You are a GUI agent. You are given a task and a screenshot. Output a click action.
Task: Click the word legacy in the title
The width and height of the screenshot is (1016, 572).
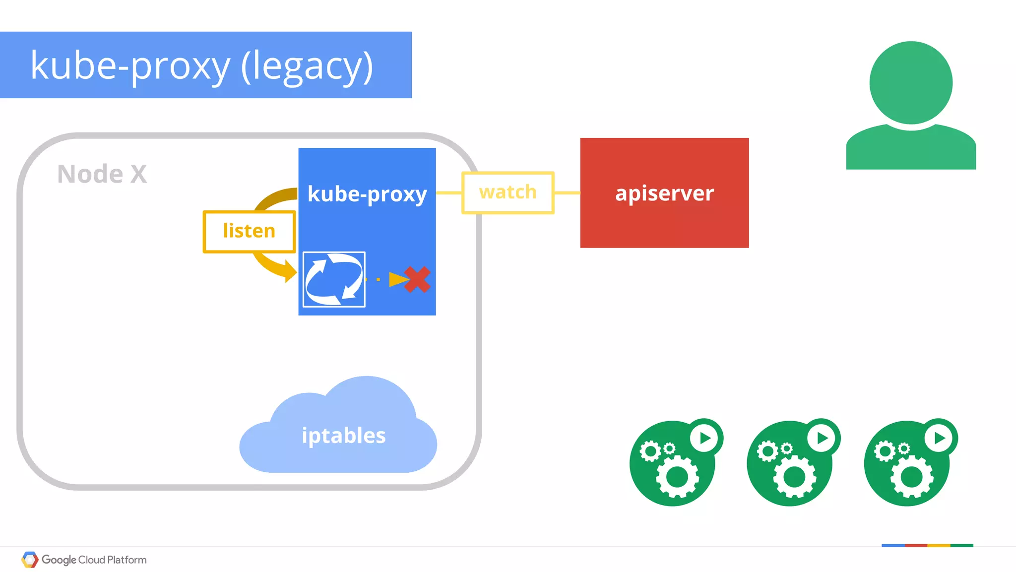[307, 66]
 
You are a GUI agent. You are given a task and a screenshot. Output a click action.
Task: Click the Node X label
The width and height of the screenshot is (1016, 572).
[102, 174]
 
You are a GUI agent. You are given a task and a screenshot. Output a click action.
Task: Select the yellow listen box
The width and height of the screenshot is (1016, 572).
[249, 231]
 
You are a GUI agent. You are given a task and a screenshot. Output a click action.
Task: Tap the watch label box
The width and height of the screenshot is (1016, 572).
[508, 192]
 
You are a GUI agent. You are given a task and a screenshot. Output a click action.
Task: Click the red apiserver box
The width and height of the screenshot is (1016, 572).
[664, 192]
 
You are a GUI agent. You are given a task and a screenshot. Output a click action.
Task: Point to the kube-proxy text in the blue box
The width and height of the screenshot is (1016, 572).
[367, 194]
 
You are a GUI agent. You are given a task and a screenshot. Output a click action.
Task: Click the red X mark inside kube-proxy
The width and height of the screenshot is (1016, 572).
[418, 279]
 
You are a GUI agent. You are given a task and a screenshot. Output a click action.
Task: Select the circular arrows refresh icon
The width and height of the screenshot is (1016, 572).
[334, 279]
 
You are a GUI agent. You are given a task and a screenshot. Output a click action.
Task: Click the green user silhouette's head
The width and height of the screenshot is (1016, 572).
[911, 82]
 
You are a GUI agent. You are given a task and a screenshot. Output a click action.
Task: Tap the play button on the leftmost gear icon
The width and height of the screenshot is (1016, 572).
[705, 438]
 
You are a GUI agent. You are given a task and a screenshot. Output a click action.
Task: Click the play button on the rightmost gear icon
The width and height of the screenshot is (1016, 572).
[939, 438]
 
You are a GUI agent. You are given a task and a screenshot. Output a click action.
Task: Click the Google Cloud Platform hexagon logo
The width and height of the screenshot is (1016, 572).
[30, 560]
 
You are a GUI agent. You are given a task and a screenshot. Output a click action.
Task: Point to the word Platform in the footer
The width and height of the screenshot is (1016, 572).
[127, 560]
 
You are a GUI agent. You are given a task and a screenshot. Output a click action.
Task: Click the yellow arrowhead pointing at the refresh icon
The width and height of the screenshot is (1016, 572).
[290, 272]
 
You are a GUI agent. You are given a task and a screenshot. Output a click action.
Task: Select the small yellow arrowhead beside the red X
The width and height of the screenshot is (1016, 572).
[397, 279]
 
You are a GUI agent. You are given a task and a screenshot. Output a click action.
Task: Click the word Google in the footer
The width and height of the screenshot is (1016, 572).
[59, 560]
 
